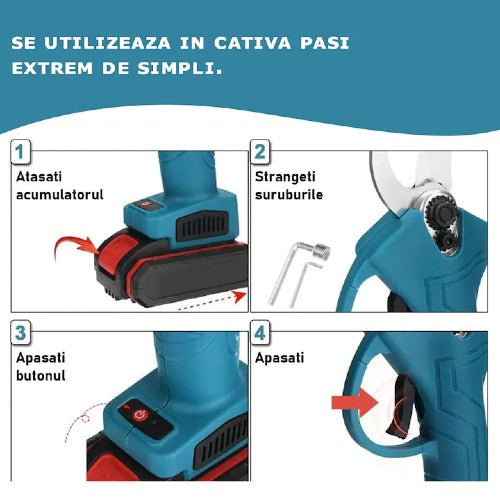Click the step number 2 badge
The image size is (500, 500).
[x=260, y=152]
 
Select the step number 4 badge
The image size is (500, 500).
[x=260, y=331]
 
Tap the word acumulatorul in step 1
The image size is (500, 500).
[x=59, y=194]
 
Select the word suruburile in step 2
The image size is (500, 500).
[x=289, y=194]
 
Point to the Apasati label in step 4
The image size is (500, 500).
[x=281, y=356]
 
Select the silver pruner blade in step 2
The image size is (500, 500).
[x=395, y=185]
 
